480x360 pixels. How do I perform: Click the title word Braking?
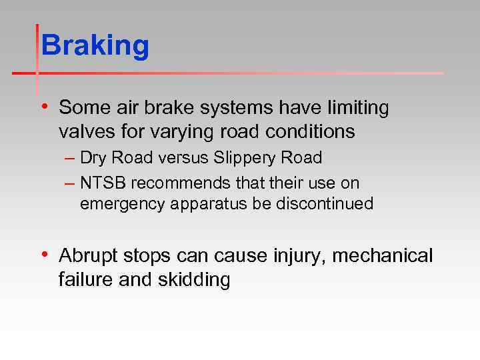95,47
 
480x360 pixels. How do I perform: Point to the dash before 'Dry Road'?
71,159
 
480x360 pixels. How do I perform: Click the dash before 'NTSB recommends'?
71,182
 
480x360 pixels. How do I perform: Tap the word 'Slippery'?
249,159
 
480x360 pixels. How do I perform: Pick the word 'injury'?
297,256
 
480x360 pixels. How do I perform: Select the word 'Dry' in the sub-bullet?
92,159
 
